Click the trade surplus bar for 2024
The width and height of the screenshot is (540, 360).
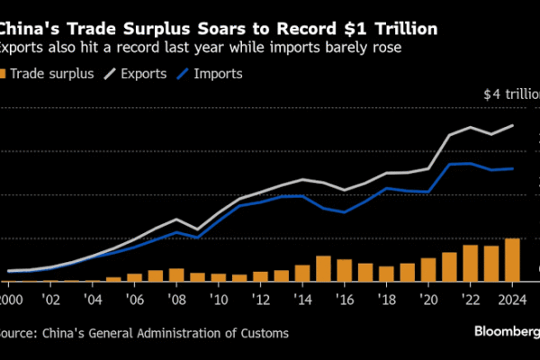pyautogui.click(x=511, y=260)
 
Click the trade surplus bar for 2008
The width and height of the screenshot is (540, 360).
pyautogui.click(x=176, y=274)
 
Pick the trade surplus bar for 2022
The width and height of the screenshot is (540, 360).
pyautogui.click(x=470, y=263)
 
